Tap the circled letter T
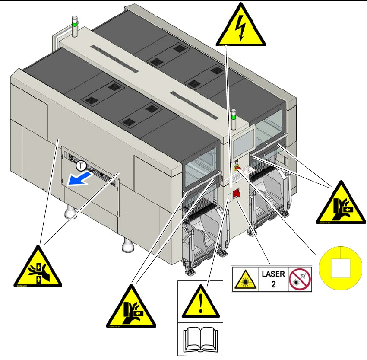pyautogui.click(x=81, y=166)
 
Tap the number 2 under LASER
pyautogui.click(x=273, y=284)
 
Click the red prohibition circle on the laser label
pyautogui.click(x=300, y=279)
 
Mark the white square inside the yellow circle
pyautogui.click(x=340, y=269)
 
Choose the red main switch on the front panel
pyautogui.click(x=236, y=194)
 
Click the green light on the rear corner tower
pyautogui.click(x=75, y=25)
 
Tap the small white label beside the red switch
pyautogui.click(x=229, y=197)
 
